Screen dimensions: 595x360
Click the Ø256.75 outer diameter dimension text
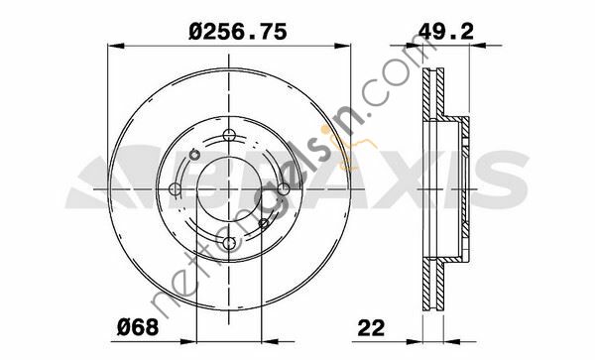pyautogui.click(x=238, y=32)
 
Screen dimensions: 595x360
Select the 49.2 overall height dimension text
pyautogui.click(x=446, y=31)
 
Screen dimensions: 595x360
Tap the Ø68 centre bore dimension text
pyautogui.click(x=138, y=327)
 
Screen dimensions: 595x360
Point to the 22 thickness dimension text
pyautogui.click(x=371, y=327)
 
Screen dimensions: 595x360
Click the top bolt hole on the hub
pyautogui.click(x=229, y=135)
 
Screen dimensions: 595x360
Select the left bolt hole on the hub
pyautogui.click(x=175, y=188)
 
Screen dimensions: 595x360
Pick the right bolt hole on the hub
pyautogui.click(x=284, y=188)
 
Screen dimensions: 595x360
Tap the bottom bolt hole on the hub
pyautogui.click(x=229, y=243)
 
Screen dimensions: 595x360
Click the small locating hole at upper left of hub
pyautogui.click(x=195, y=155)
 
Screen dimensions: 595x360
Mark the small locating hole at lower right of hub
pyautogui.click(x=264, y=223)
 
